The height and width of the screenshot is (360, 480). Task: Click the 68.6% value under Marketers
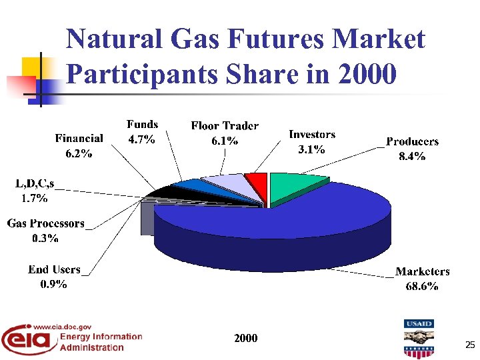tap(422, 286)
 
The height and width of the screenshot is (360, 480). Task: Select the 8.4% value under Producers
tap(412, 157)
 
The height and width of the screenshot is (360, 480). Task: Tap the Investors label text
tap(311, 135)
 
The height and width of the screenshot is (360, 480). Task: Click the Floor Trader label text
tap(225, 126)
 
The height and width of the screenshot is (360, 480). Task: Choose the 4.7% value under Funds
tap(141, 139)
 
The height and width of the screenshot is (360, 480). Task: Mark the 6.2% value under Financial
tap(79, 153)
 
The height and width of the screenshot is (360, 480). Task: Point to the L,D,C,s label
tap(35, 183)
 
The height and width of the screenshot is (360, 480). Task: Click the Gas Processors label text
tap(46, 223)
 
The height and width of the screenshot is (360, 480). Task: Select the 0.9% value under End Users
tap(53, 284)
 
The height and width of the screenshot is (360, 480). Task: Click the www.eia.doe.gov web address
tap(62, 327)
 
